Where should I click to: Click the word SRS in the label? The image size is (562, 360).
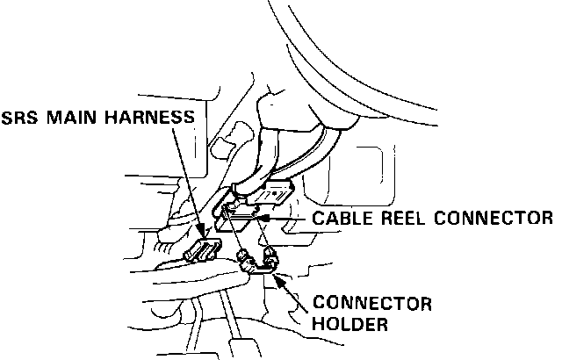click(x=20, y=117)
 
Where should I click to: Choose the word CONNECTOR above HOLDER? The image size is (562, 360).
click(x=372, y=305)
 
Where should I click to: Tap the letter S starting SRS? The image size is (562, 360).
click(x=8, y=117)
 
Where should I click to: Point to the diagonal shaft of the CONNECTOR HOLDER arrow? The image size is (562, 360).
click(x=298, y=295)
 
